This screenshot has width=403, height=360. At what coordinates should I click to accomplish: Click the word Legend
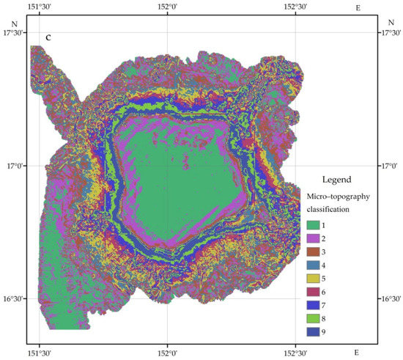tap(336, 179)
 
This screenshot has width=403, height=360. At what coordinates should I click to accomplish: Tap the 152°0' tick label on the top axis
tap(167, 7)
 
